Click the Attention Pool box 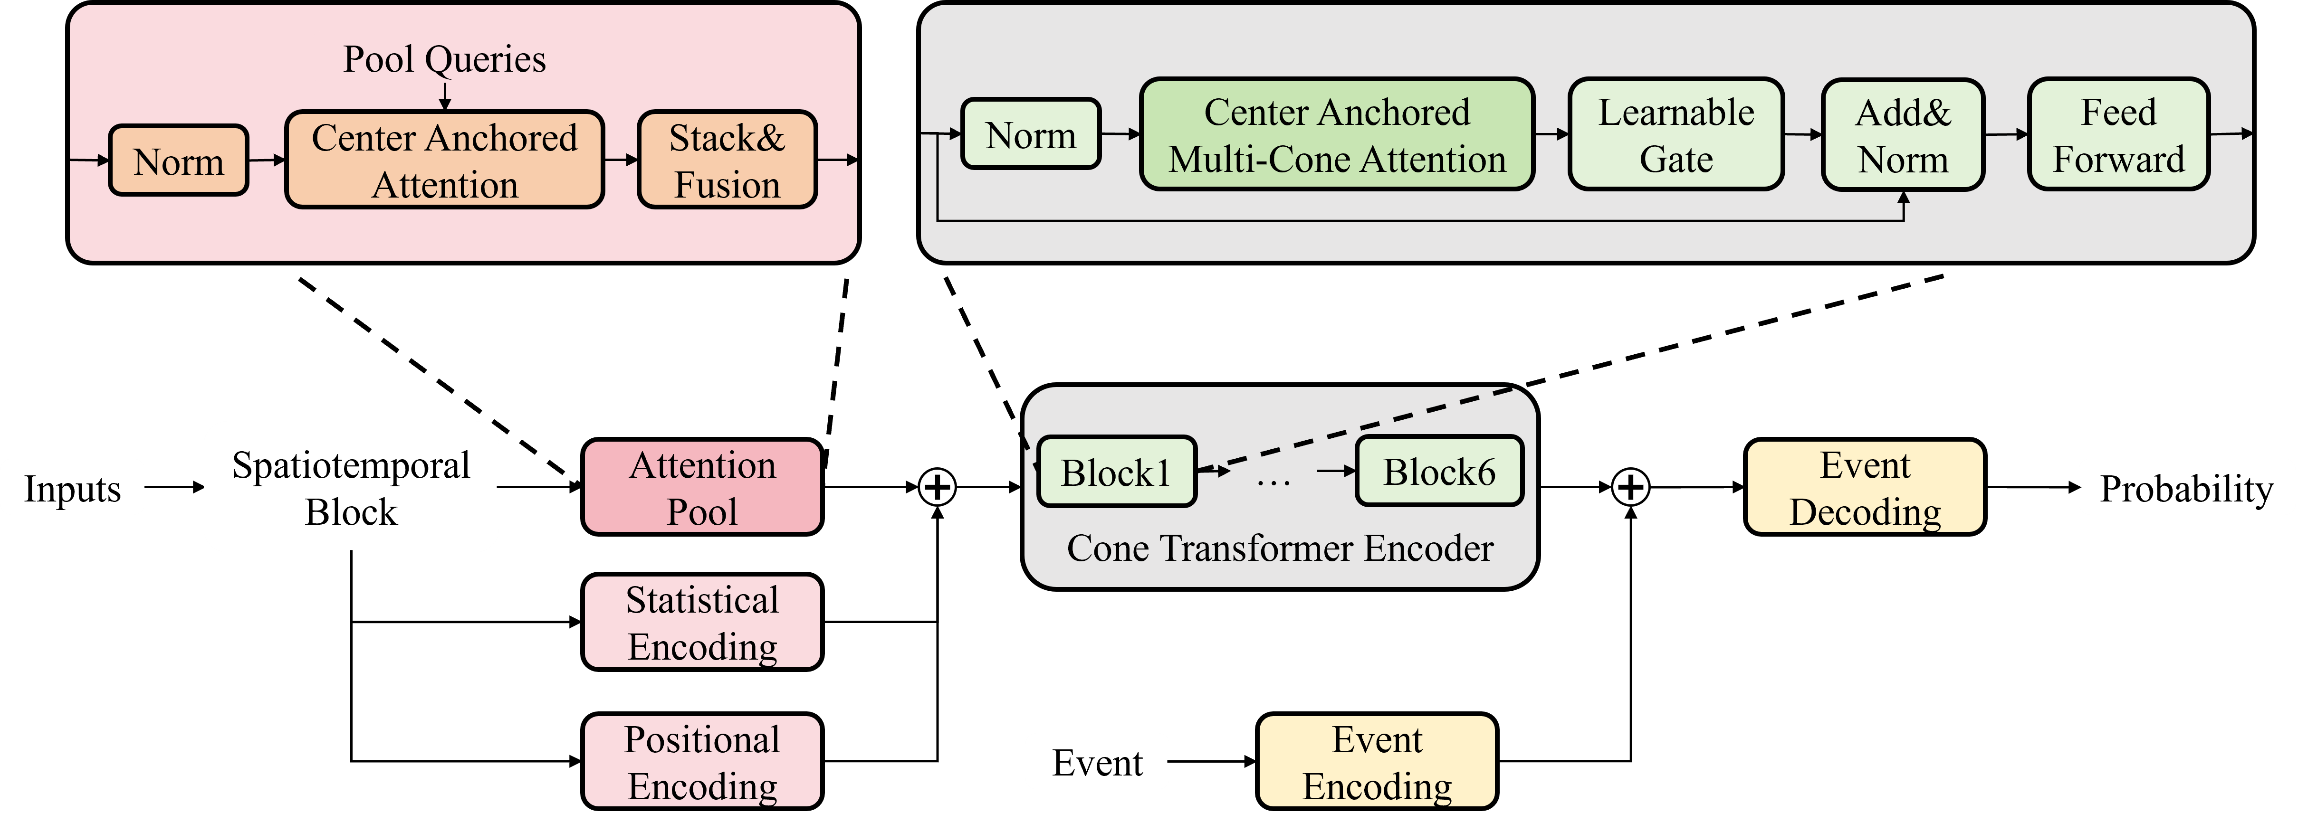click(702, 487)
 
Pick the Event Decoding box click(1865, 487)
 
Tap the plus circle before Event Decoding click(1631, 487)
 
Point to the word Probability click(2186, 490)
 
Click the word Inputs click(72, 490)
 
